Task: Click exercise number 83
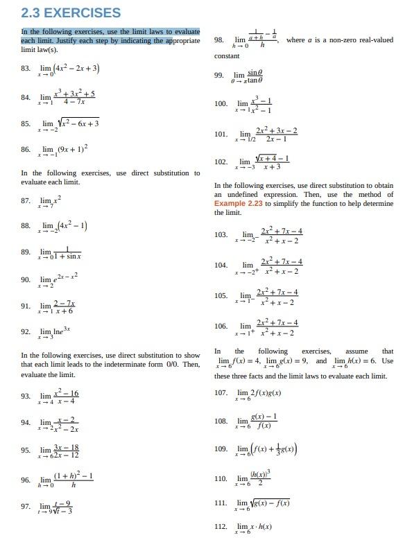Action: click(x=26, y=68)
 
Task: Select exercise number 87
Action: click(x=26, y=200)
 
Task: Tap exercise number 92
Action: click(x=26, y=332)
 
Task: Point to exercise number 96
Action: click(x=26, y=480)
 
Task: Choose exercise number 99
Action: click(x=219, y=75)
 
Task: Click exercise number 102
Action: click(x=221, y=162)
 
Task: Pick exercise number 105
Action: click(x=221, y=295)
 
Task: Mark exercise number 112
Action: click(x=221, y=527)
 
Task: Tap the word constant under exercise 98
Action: click(x=227, y=55)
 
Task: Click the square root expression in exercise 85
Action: click(x=76, y=123)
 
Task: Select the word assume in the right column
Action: click(x=356, y=351)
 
